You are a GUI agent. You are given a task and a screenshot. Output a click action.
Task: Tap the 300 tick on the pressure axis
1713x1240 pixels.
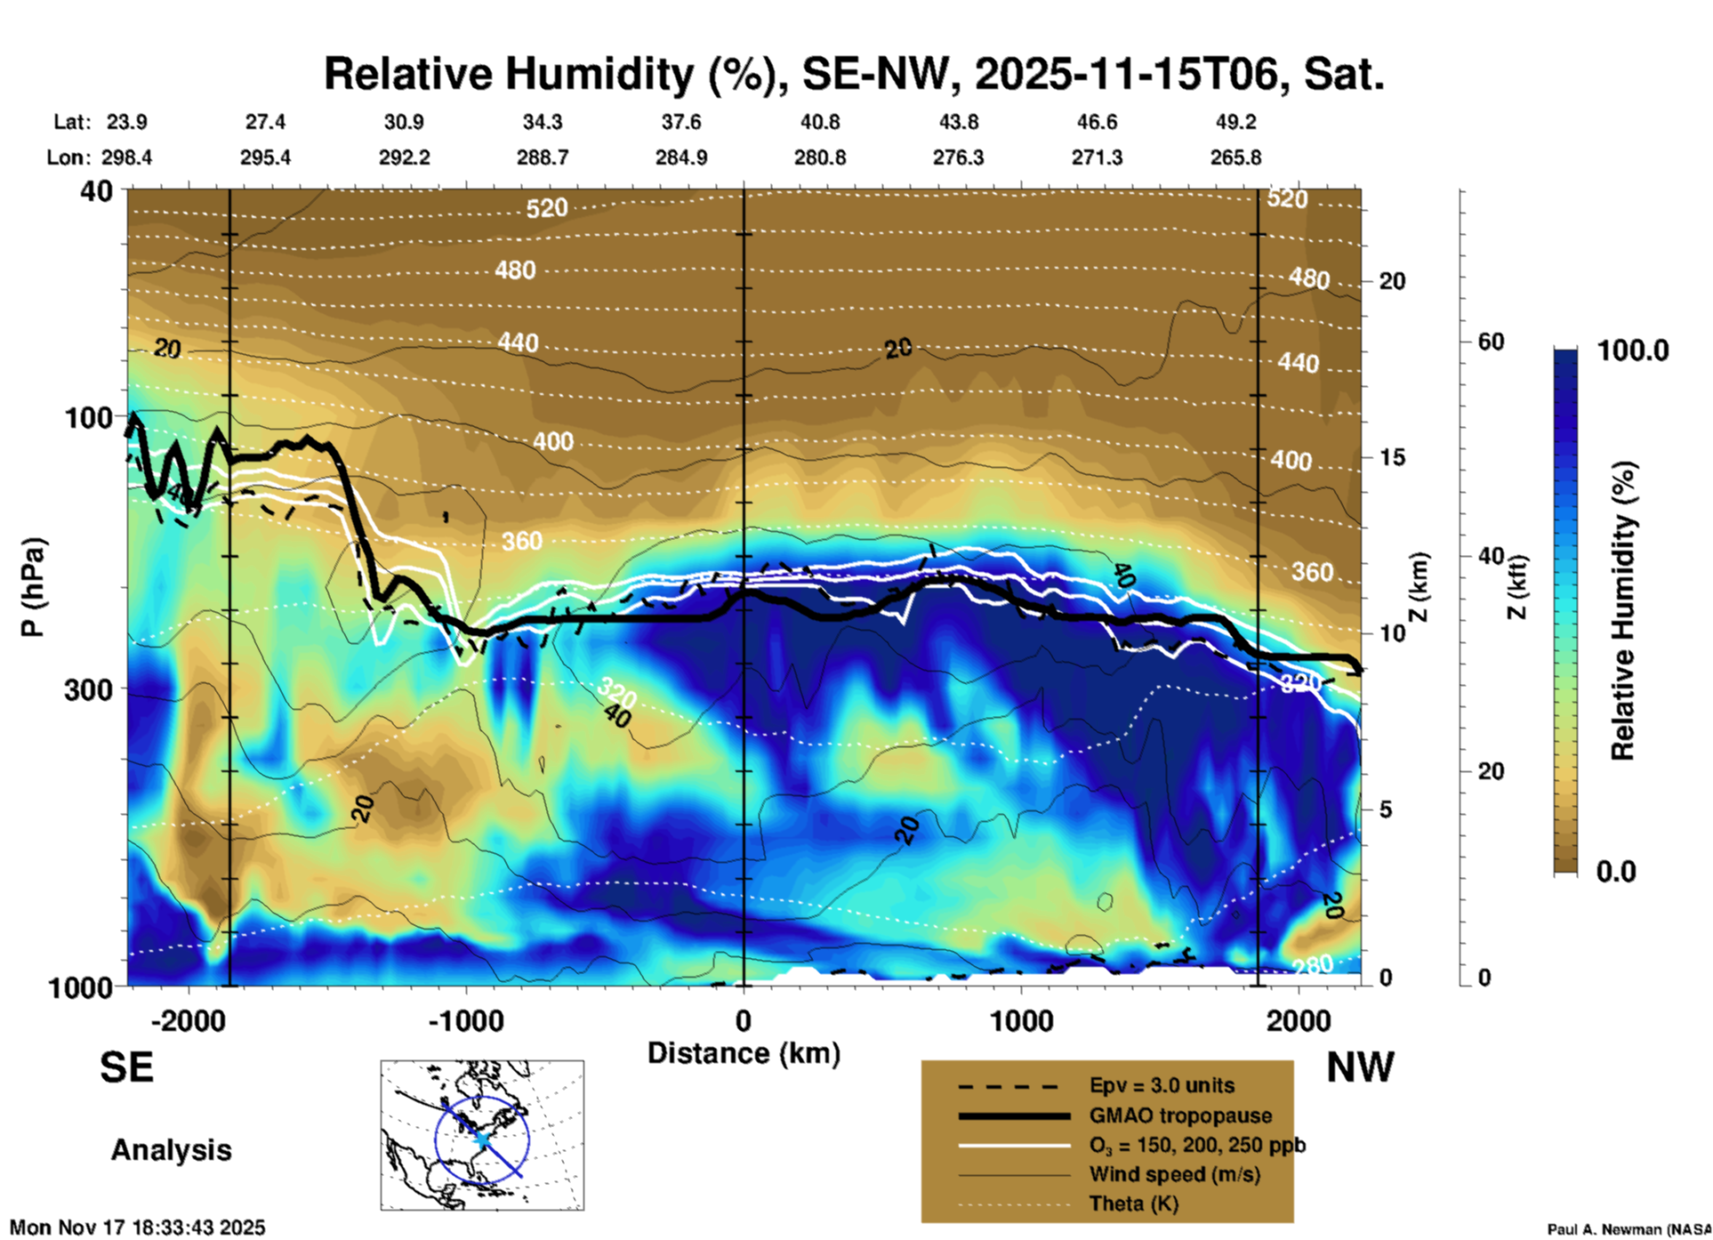[x=88, y=689]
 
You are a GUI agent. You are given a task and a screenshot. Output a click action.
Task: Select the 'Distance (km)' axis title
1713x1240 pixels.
[x=744, y=1053]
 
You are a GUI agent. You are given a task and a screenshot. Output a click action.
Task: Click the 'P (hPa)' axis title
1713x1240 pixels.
[x=33, y=587]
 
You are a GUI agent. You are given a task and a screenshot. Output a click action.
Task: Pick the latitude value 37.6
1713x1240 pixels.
[x=681, y=122]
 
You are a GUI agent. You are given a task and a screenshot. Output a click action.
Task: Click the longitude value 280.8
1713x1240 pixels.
[x=820, y=157]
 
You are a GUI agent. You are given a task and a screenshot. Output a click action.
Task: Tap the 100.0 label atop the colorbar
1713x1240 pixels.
[x=1633, y=350]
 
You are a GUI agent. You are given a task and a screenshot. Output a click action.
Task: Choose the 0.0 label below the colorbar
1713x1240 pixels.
[x=1616, y=871]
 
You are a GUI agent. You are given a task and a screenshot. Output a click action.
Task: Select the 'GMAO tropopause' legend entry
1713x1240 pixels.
[x=1180, y=1115]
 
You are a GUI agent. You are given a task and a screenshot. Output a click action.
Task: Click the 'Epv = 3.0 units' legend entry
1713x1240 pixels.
[x=1162, y=1085]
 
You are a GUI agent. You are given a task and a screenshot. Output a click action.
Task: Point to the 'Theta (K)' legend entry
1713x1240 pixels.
[x=1134, y=1204]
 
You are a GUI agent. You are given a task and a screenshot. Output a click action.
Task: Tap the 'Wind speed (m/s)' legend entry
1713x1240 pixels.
[x=1174, y=1174]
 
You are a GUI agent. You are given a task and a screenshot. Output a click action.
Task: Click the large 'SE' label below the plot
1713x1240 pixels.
[x=126, y=1067]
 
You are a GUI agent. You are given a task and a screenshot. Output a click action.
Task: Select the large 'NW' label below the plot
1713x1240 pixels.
[x=1360, y=1067]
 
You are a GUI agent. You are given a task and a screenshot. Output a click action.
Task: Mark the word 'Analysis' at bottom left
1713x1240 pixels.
[x=171, y=1149]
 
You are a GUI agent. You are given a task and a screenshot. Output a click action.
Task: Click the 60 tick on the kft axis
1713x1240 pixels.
[x=1492, y=342]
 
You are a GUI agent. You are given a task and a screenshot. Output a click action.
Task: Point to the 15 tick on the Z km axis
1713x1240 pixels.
[x=1392, y=457]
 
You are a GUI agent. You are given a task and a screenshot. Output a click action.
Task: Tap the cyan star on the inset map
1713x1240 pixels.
[x=481, y=1139]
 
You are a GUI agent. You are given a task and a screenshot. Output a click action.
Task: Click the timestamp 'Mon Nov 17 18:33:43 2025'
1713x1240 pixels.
[x=138, y=1228]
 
